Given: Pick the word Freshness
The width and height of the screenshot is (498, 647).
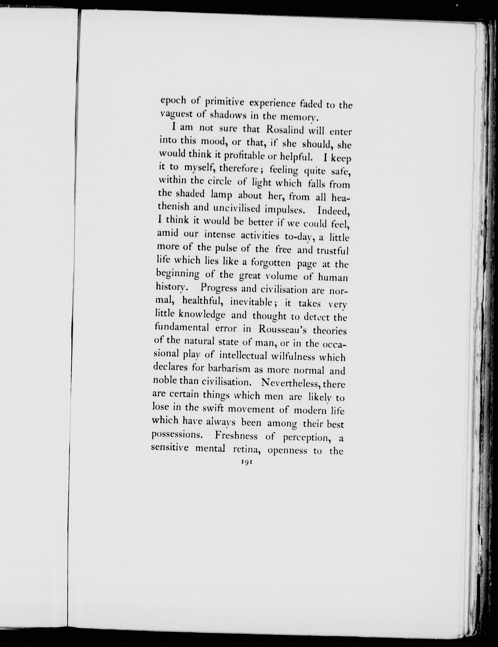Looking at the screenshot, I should tap(236, 436).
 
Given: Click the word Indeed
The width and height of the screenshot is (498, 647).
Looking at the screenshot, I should tap(334, 211).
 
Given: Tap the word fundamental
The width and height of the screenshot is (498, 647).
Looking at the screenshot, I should tap(186, 328).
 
